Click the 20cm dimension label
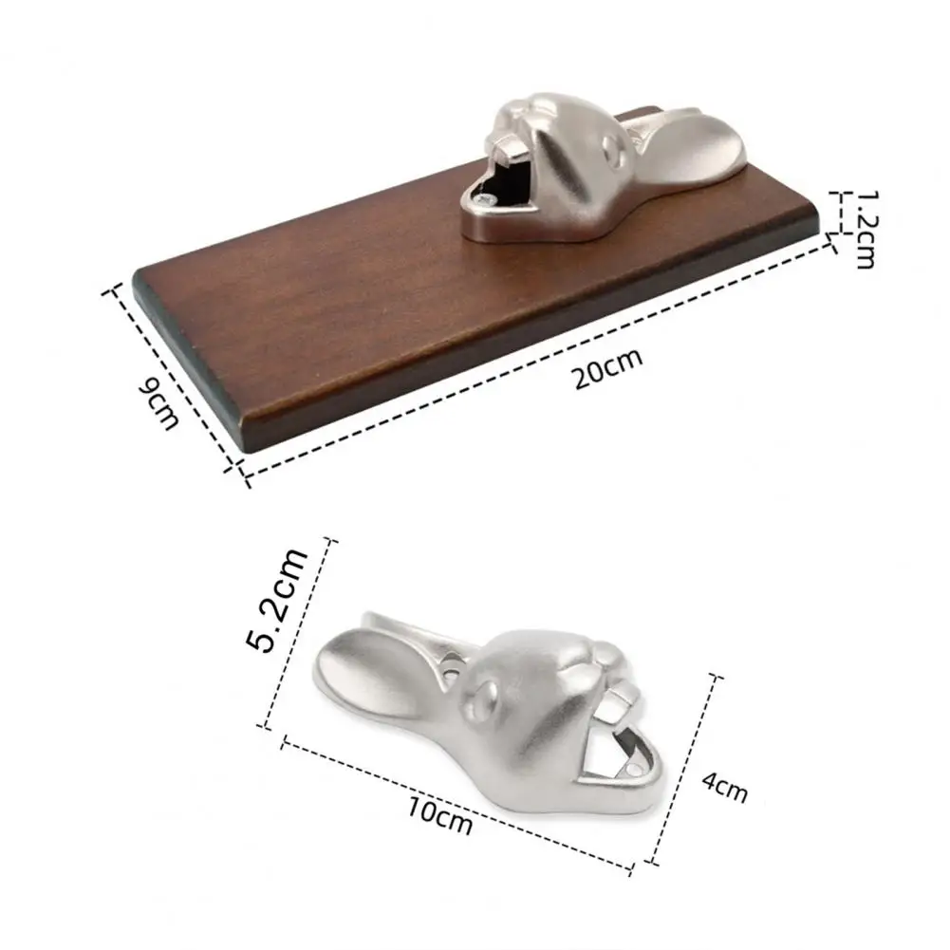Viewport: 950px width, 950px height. point(607,368)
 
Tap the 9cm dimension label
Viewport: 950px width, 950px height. point(158,403)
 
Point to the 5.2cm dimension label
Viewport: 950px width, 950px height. point(276,600)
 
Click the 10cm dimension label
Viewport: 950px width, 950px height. point(439,815)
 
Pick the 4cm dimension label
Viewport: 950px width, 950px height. point(725,787)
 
